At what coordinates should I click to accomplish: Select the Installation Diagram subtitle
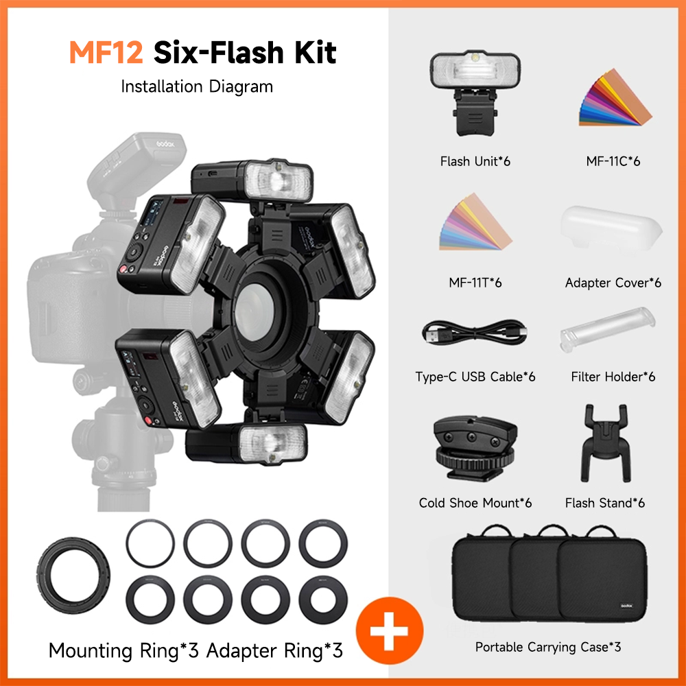point(197,86)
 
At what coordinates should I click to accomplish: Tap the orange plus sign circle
point(390,630)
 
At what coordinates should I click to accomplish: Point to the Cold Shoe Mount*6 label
point(475,503)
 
